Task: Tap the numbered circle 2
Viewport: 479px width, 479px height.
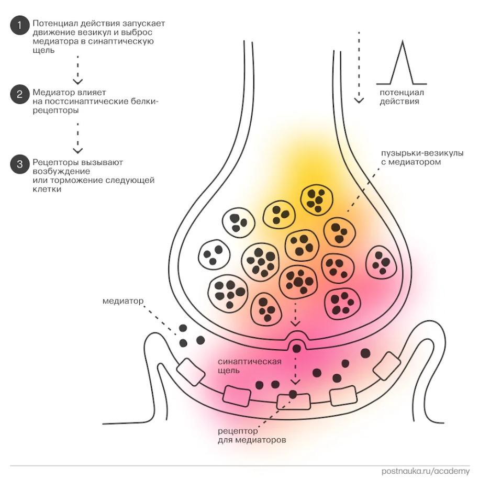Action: [19, 95]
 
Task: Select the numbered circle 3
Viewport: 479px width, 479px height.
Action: [19, 164]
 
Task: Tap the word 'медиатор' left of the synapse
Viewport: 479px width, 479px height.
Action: [122, 301]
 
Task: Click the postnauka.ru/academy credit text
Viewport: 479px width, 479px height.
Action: [425, 471]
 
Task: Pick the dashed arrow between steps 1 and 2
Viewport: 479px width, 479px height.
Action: [77, 69]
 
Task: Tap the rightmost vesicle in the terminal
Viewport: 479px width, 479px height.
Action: [381, 262]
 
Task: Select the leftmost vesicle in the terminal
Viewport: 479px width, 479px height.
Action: [214, 255]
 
